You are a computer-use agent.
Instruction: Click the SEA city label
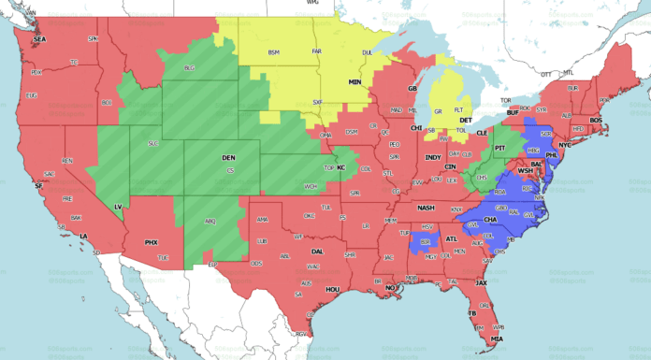tap(39, 39)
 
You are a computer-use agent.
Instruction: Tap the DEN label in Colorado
tap(228, 158)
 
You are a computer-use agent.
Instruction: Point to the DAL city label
tap(318, 252)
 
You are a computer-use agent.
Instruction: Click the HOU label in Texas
tap(332, 290)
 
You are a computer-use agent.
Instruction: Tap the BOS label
tap(596, 120)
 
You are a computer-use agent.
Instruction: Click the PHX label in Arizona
tap(152, 242)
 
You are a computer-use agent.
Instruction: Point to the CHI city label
tap(416, 127)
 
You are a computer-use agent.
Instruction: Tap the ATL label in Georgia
tap(453, 238)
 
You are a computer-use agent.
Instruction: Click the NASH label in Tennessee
tap(427, 208)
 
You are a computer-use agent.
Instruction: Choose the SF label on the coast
tap(38, 186)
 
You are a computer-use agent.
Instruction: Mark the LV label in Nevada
tap(118, 206)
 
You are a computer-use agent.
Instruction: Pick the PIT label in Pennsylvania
tap(499, 148)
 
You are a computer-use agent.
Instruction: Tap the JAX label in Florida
tap(481, 281)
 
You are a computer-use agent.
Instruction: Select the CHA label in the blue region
tap(489, 221)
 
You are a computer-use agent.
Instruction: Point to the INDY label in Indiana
tap(432, 157)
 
